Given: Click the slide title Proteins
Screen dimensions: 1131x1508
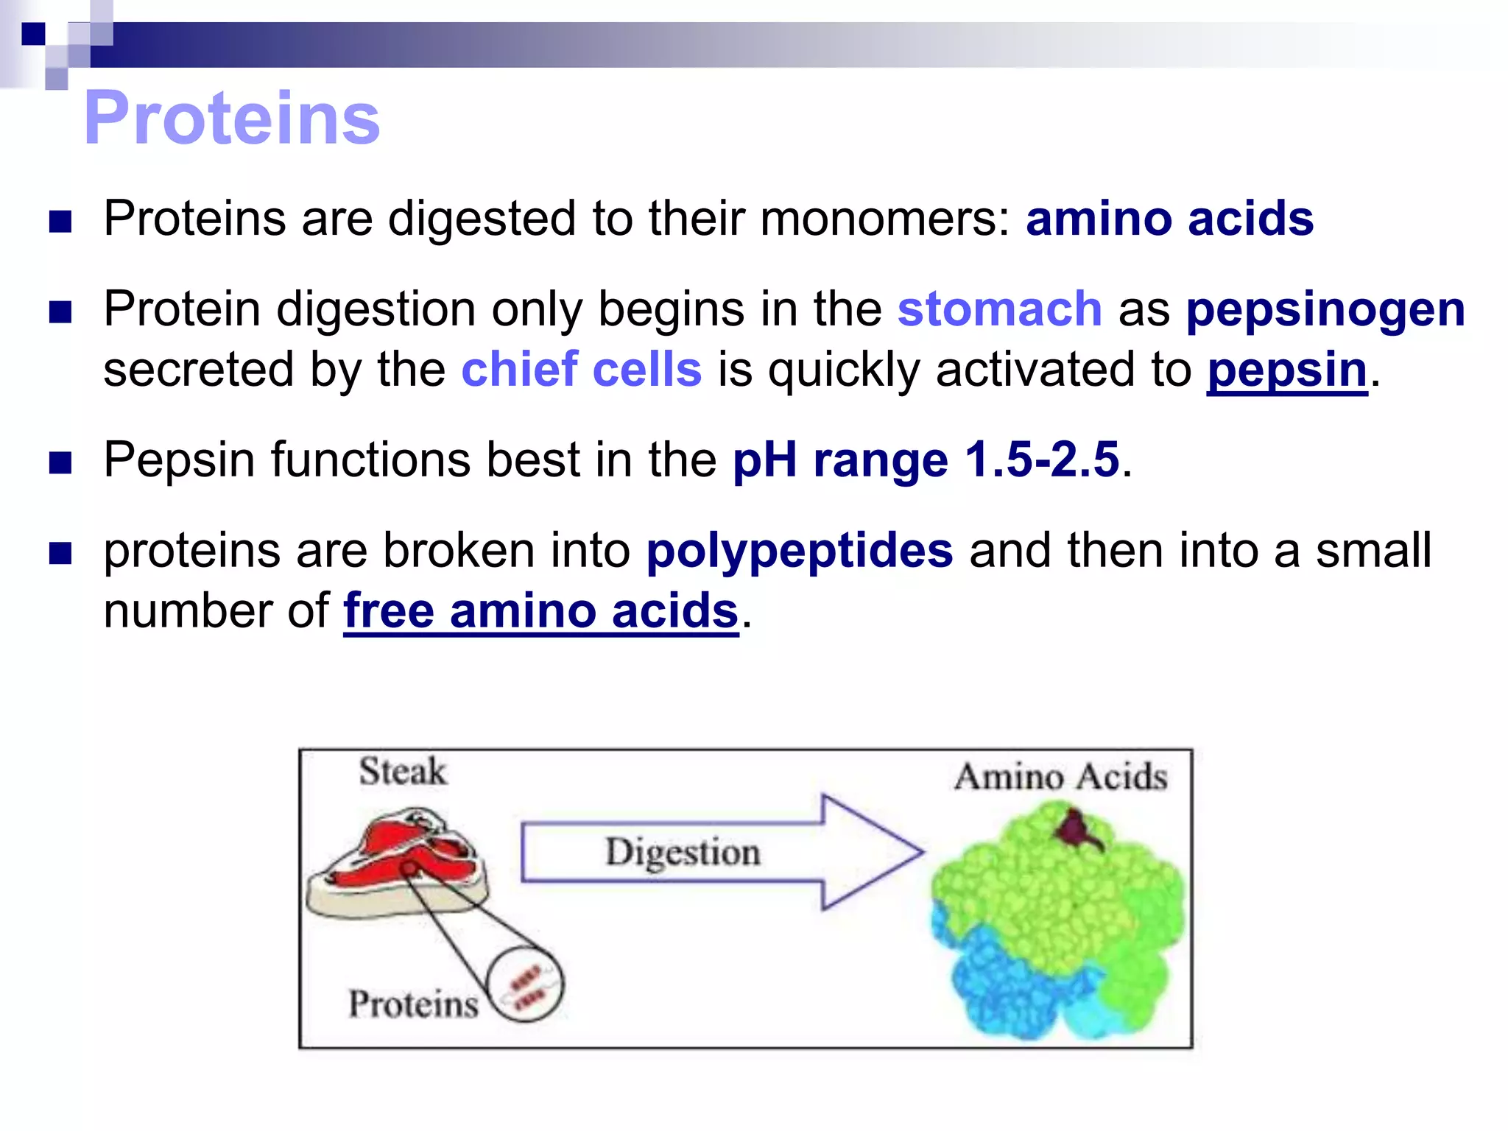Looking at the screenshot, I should pos(232,118).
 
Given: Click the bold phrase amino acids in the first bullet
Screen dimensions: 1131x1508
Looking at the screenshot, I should pos(1169,219).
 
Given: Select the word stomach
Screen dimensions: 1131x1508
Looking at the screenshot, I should pos(999,309).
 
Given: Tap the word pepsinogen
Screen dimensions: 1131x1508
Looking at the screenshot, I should pos(1325,310).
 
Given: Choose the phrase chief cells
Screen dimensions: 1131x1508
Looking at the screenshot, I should pos(581,369).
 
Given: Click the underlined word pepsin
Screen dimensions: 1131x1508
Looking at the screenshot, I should pos(1286,370).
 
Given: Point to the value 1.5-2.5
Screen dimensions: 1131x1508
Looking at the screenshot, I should pos(1042,460).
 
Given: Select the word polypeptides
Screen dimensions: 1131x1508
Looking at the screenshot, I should pos(799,551).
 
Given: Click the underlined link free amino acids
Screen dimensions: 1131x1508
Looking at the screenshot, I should pos(540,611).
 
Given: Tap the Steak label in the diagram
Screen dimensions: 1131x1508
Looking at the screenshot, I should pos(402,772).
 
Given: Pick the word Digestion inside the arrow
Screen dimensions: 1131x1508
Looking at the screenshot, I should pos(683,853).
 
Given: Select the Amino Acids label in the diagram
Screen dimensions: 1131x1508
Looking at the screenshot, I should pos(1060,778).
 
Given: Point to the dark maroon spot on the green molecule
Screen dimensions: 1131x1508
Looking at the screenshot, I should pos(1077,828).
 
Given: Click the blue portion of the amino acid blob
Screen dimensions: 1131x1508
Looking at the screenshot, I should pos(1009,979).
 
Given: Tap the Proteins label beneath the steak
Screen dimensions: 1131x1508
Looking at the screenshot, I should pos(413,1004).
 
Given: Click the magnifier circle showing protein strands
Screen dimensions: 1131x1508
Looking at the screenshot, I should pos(526,984).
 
